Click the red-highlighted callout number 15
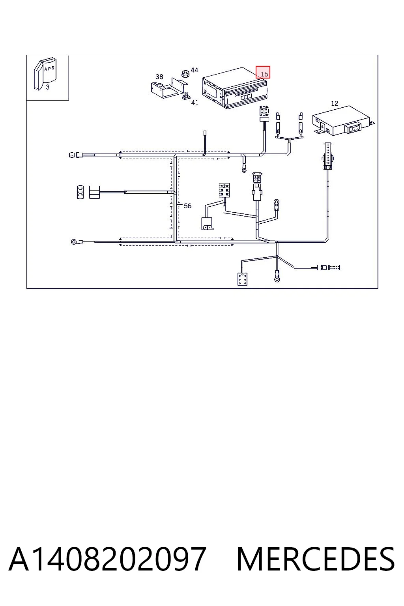pos(264,74)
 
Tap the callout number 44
pos(194,70)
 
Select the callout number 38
pos(159,77)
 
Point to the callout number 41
pos(195,103)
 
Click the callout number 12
pos(335,103)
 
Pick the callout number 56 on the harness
pos(187,206)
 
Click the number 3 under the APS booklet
pos(48,87)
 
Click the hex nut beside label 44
pos(185,73)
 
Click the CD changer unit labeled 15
pos(235,88)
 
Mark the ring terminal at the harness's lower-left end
pos(74,241)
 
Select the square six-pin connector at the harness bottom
pos(242,279)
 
